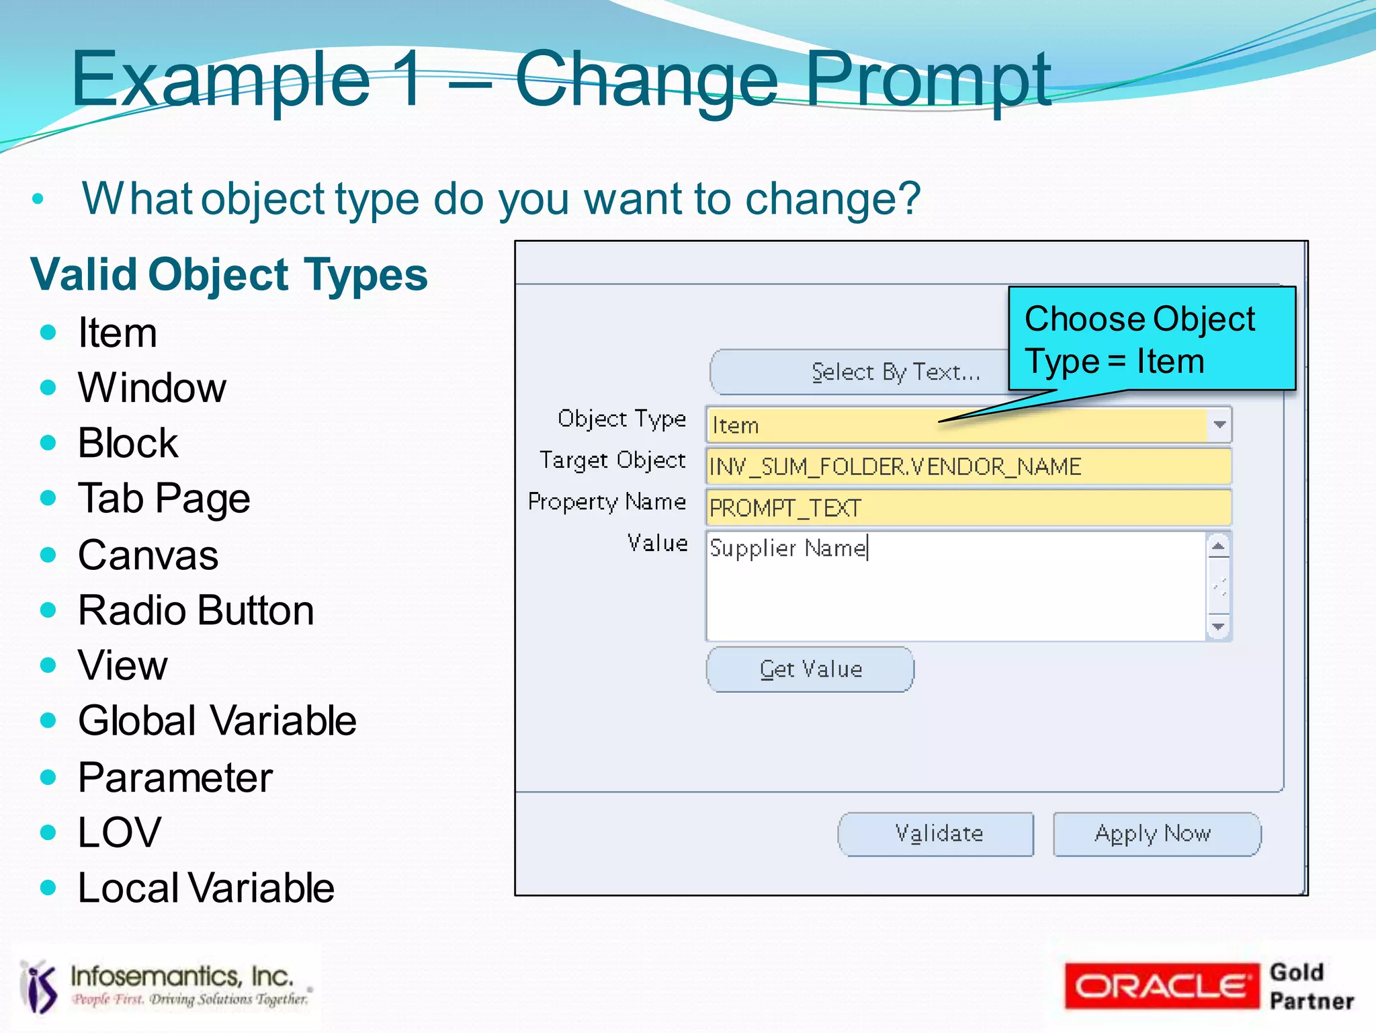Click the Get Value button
pos(810,669)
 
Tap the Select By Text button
pos(860,372)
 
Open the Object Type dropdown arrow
pos(1219,425)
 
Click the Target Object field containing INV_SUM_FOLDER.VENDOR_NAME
pos(967,466)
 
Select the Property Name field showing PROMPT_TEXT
pos(967,508)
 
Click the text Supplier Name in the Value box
pos(788,548)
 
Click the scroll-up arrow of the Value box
pos(1219,546)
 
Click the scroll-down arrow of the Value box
pos(1219,627)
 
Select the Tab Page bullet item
pos(164,499)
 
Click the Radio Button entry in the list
pos(196,610)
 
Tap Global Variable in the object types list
pos(217,721)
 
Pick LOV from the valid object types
pos(120,833)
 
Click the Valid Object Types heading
pos(229,275)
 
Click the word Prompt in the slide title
pos(928,81)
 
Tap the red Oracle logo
pos(1161,986)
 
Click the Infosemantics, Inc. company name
pos(182,976)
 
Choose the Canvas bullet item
pos(148,555)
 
